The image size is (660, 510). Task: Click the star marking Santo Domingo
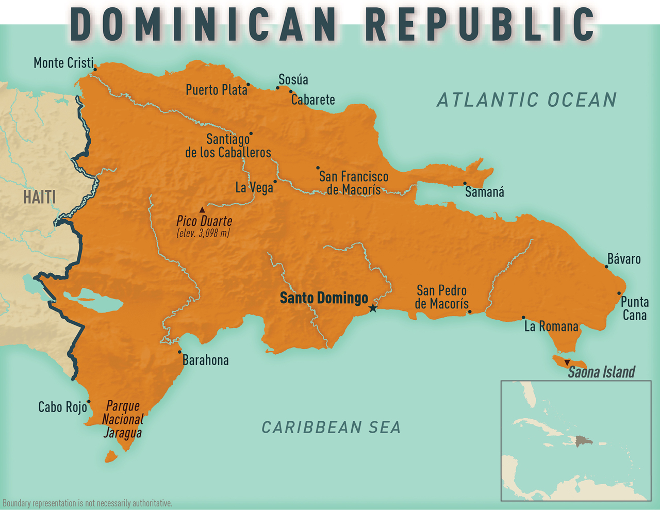click(x=373, y=308)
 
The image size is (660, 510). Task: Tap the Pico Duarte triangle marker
click(x=202, y=210)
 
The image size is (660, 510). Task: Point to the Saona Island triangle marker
click(x=567, y=363)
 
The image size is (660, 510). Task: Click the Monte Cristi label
click(x=63, y=63)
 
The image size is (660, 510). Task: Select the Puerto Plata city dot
click(x=248, y=85)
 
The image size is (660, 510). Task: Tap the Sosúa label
click(x=293, y=79)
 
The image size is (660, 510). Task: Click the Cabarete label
click(x=313, y=100)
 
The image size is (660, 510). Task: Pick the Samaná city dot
click(x=465, y=183)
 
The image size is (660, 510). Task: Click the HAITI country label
click(x=39, y=197)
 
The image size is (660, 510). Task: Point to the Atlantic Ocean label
click(x=526, y=100)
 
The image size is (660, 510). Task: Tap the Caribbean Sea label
click(x=331, y=427)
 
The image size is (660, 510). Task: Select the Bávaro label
click(x=624, y=259)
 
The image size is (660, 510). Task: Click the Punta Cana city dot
click(x=619, y=293)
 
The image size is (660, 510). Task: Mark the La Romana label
click(x=551, y=326)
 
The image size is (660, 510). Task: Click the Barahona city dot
click(x=179, y=352)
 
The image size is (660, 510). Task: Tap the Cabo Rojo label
click(x=62, y=407)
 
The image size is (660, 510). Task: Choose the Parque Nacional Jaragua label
click(x=123, y=419)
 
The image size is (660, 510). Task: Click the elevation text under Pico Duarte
click(x=203, y=233)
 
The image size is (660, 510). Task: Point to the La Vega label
click(x=254, y=188)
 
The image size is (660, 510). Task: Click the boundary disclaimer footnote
click(x=87, y=503)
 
